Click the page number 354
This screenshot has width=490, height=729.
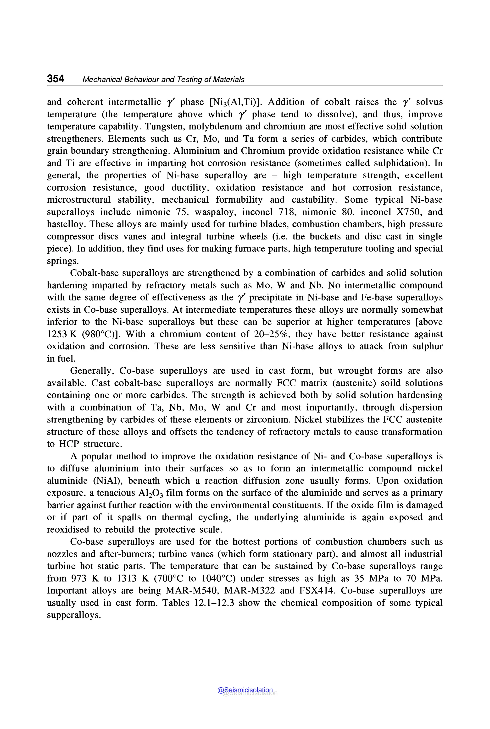click(x=56, y=79)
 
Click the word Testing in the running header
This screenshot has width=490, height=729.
click(x=189, y=80)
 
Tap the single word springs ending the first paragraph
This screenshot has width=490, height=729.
click(x=62, y=261)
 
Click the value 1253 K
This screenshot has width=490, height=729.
click(x=61, y=334)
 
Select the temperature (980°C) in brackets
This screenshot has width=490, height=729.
click(x=100, y=334)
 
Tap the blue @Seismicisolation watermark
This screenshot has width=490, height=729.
click(x=245, y=690)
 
